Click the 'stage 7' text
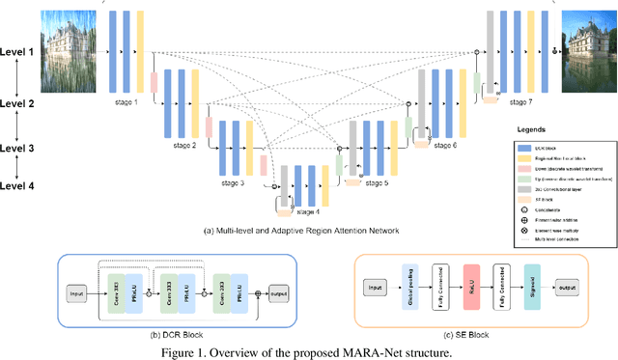pos(520,100)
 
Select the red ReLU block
pos(472,287)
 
